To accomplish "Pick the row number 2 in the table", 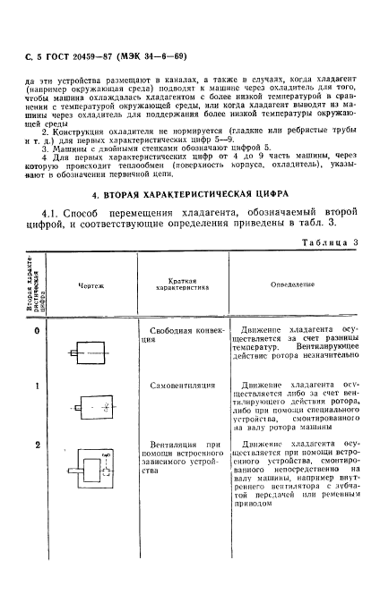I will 37,445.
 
